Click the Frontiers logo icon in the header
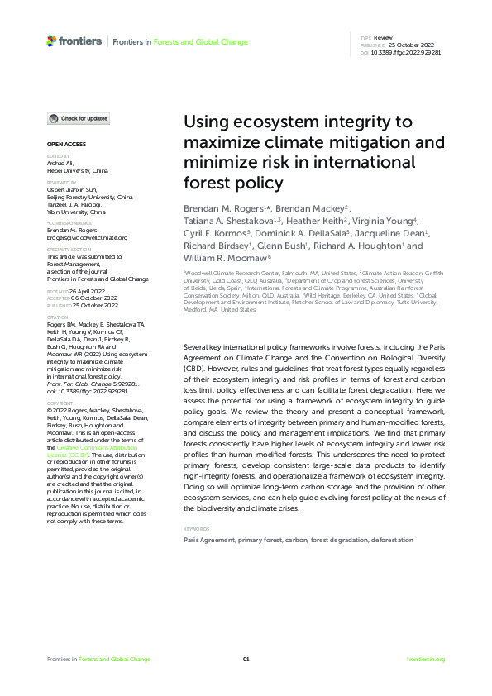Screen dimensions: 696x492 point(52,40)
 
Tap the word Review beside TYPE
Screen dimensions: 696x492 point(384,38)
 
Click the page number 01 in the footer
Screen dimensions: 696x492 point(246,659)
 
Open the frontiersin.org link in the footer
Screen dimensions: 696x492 point(426,659)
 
